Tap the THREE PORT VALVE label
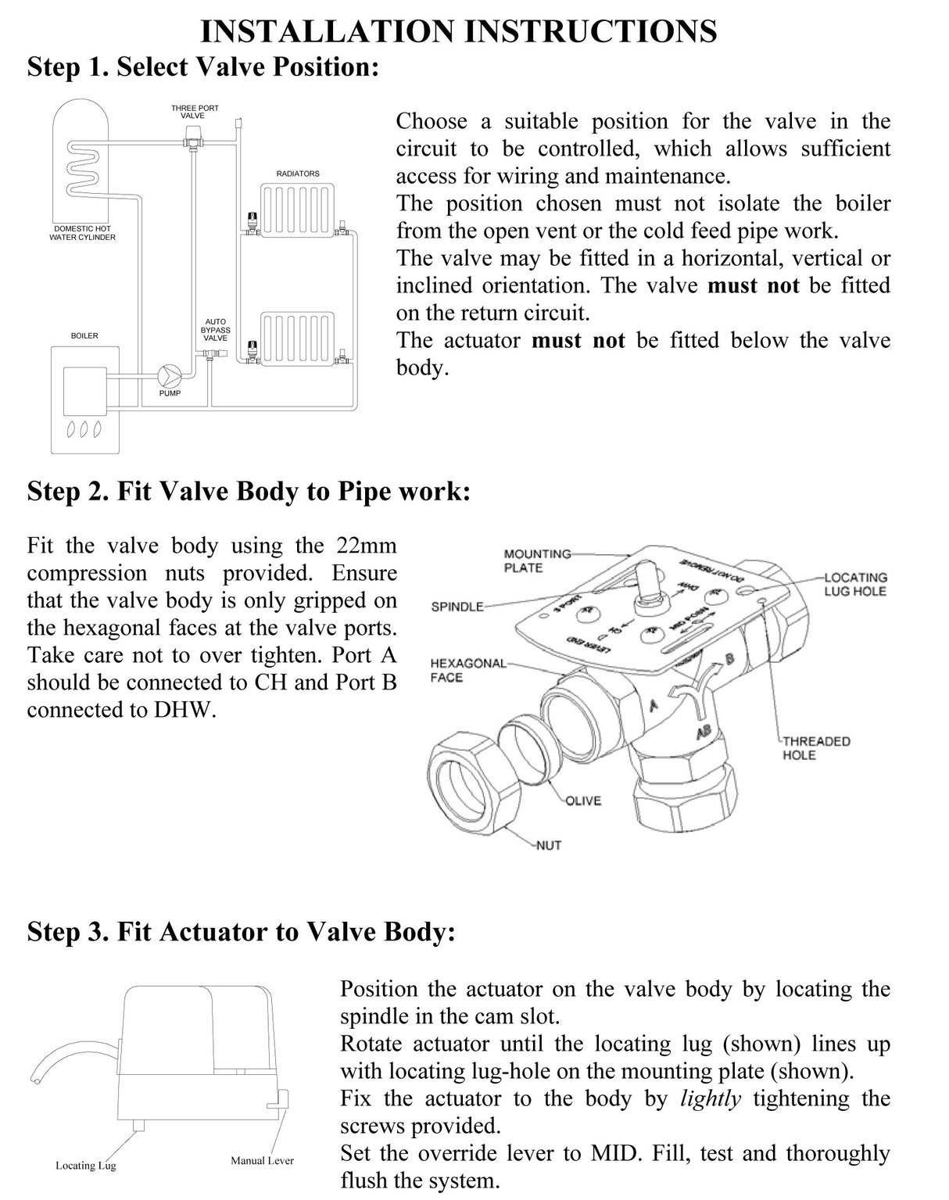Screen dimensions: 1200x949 point(195,112)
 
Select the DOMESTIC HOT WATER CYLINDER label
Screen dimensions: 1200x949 point(82,233)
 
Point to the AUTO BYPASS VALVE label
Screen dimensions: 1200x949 point(215,330)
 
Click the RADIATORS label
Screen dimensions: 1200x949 point(298,174)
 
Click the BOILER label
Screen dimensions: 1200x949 point(84,336)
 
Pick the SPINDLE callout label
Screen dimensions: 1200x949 point(457,607)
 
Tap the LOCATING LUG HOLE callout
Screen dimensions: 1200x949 point(855,584)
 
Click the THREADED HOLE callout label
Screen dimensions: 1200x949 point(816,748)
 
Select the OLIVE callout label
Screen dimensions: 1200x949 point(582,801)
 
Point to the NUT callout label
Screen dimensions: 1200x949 point(548,845)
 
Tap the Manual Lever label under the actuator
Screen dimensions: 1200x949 point(262,1161)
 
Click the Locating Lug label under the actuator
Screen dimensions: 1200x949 point(85,1166)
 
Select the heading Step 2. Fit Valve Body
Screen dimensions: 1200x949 point(249,492)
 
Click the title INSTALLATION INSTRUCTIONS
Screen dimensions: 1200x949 point(459,31)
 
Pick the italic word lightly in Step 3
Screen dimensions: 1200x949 point(710,1098)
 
